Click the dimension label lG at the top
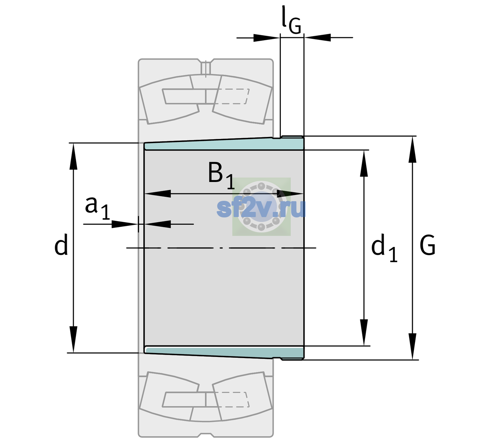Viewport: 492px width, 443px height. pyautogui.click(x=291, y=20)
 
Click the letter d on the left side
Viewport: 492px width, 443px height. pyautogui.click(x=61, y=244)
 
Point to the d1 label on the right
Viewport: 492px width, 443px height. pyautogui.click(x=384, y=248)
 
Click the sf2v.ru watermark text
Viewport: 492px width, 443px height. pyautogui.click(x=261, y=208)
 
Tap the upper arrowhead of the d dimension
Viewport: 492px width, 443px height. pyautogui.click(x=73, y=156)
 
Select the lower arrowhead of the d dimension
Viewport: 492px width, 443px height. pyautogui.click(x=73, y=340)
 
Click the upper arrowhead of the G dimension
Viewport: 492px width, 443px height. pyautogui.click(x=412, y=149)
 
